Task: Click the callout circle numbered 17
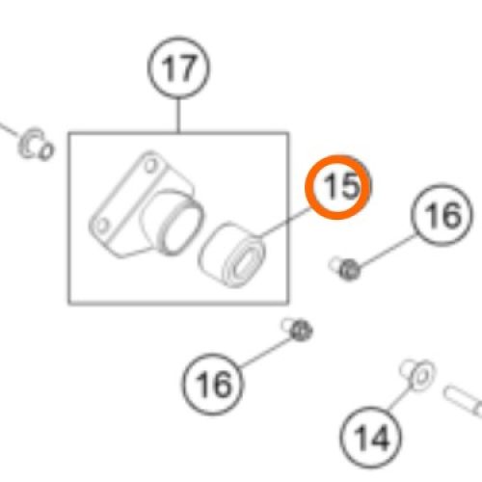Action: coord(178,68)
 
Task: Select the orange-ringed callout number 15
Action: coord(337,187)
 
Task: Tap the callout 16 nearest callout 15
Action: coord(442,215)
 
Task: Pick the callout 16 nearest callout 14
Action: coord(213,384)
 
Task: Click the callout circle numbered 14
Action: coord(370,437)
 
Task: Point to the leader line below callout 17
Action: coord(178,116)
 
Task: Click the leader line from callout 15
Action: coord(284,223)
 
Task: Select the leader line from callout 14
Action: coord(401,396)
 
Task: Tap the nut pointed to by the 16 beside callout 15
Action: coord(349,271)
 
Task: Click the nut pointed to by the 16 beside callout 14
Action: coord(301,330)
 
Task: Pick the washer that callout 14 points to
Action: coord(421,376)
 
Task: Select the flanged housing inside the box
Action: coord(146,204)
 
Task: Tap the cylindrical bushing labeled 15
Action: coord(232,254)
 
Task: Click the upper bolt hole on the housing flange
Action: coord(150,165)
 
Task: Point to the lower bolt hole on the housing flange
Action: coord(102,225)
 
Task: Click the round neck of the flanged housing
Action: coord(181,224)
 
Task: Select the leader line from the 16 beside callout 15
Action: coord(387,252)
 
